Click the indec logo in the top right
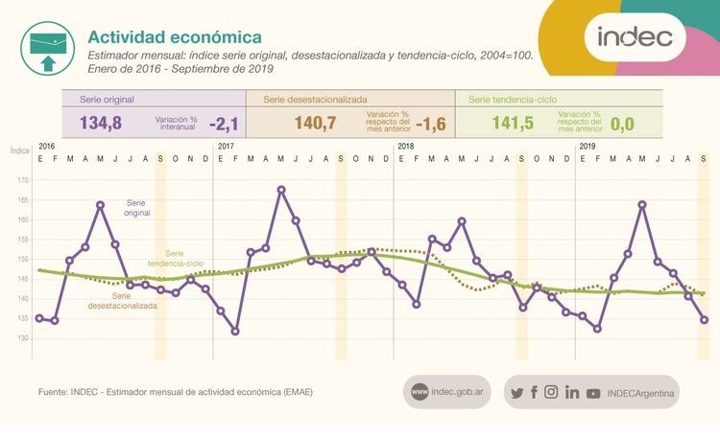641,39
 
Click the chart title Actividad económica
174,36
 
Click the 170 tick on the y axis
24,180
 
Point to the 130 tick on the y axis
24,338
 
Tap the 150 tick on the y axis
24,260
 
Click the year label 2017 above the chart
227,146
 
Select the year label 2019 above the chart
587,146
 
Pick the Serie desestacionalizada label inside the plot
123,301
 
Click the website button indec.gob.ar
447,391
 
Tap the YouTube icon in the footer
593,392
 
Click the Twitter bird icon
516,392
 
